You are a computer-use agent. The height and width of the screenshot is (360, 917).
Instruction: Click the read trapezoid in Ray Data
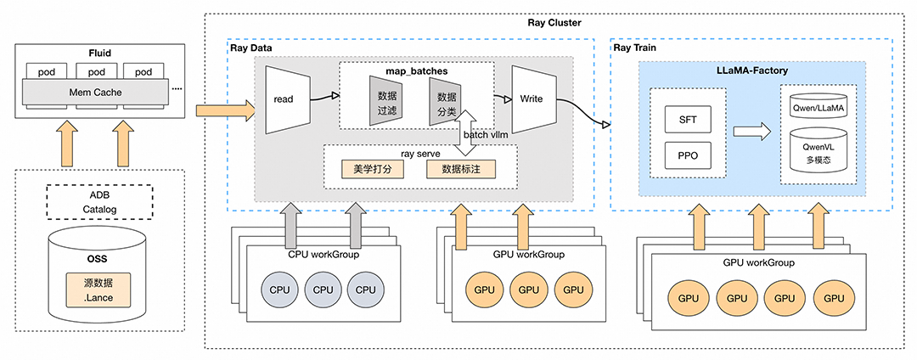[283, 99]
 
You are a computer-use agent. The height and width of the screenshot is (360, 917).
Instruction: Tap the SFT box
[688, 121]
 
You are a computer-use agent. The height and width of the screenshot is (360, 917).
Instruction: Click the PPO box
[688, 156]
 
